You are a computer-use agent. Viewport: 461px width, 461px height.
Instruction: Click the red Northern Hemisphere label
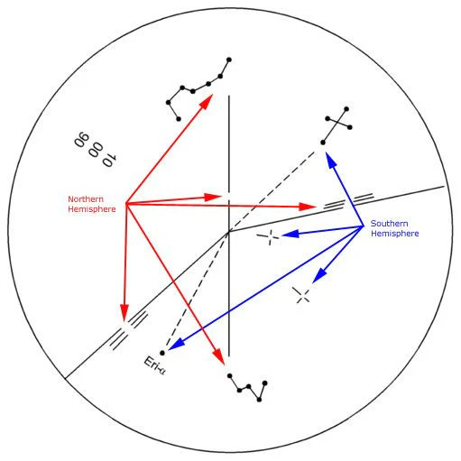(92, 204)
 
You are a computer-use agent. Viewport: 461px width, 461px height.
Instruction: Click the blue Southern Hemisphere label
(394, 228)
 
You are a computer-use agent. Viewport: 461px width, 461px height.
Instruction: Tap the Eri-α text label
(154, 365)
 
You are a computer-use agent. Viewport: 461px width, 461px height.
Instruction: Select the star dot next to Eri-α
(162, 353)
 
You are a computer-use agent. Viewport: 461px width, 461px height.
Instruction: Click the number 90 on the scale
(81, 140)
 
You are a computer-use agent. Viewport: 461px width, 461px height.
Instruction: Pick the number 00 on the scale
(96, 150)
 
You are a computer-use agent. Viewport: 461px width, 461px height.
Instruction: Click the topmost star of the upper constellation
(229, 60)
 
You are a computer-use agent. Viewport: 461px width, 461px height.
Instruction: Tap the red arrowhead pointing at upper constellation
(207, 101)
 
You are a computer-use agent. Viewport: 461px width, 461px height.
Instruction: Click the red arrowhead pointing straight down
(124, 312)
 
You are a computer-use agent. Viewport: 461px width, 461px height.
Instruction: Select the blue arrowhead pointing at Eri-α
(176, 345)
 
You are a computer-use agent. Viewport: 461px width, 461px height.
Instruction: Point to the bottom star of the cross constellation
(323, 143)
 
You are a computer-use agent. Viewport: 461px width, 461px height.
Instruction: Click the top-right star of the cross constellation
(346, 109)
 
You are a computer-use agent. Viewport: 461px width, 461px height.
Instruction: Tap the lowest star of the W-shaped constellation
(260, 400)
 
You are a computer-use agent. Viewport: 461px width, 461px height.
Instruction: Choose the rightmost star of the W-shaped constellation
(264, 383)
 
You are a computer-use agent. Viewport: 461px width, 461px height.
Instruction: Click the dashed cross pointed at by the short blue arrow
(301, 295)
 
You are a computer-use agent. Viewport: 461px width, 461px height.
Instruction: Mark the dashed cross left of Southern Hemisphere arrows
(269, 236)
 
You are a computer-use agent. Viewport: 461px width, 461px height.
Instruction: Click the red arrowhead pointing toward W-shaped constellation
(219, 357)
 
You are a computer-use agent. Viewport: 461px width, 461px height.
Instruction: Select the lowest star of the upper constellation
(179, 119)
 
